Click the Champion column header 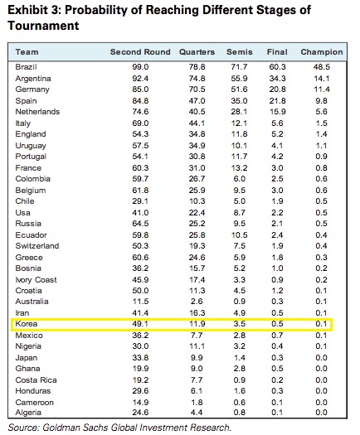[322, 52]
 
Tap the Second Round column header [140, 52]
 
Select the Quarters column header [197, 52]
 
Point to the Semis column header [240, 52]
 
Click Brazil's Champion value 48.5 [322, 67]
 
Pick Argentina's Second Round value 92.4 [140, 79]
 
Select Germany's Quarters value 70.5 [197, 89]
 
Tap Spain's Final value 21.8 [277, 101]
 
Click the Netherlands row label [37, 112]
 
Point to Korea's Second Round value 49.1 [140, 324]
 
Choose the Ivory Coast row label [36, 280]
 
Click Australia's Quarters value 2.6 [197, 302]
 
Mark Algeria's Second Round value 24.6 [140, 413]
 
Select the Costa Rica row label [36, 380]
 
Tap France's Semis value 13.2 [240, 168]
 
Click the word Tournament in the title [44, 26]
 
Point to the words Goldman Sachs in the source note [72, 428]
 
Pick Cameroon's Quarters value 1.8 [197, 403]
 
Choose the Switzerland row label [37, 246]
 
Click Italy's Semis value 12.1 [240, 123]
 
